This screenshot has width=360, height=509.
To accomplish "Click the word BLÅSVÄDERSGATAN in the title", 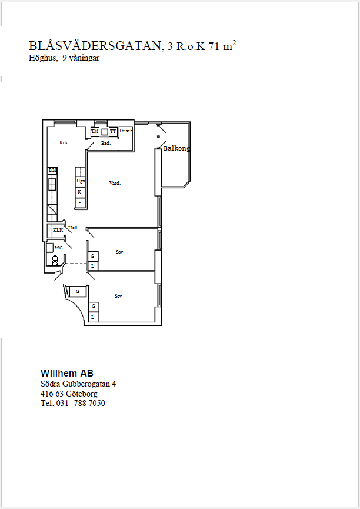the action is (x=95, y=46).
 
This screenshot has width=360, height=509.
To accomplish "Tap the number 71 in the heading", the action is (x=214, y=46).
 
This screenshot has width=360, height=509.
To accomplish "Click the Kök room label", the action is (x=64, y=142).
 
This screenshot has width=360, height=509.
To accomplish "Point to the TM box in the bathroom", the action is (x=95, y=131).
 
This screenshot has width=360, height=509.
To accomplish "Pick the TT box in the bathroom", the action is (x=113, y=131).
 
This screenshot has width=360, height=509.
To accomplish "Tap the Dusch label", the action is (x=126, y=131).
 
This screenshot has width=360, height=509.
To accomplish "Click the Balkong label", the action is (x=176, y=148).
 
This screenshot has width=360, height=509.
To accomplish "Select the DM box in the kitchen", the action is (x=52, y=171).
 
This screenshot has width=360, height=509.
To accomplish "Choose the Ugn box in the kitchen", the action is (x=80, y=181).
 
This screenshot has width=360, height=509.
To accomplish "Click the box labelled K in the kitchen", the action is (x=80, y=192).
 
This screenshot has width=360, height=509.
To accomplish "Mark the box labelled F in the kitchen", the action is (x=80, y=203).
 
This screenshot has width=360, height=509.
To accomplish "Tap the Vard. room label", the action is (x=115, y=183).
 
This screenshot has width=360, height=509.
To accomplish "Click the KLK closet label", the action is (x=58, y=230).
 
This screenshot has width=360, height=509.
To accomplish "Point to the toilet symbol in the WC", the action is (x=55, y=260).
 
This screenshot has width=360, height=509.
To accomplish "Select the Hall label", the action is (x=73, y=228).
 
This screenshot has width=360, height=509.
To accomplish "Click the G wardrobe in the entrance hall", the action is (x=77, y=291).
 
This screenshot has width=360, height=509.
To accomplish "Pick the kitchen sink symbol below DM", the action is (x=52, y=184).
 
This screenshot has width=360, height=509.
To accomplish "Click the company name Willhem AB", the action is (x=67, y=373).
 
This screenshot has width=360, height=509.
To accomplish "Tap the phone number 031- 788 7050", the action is (x=81, y=403).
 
